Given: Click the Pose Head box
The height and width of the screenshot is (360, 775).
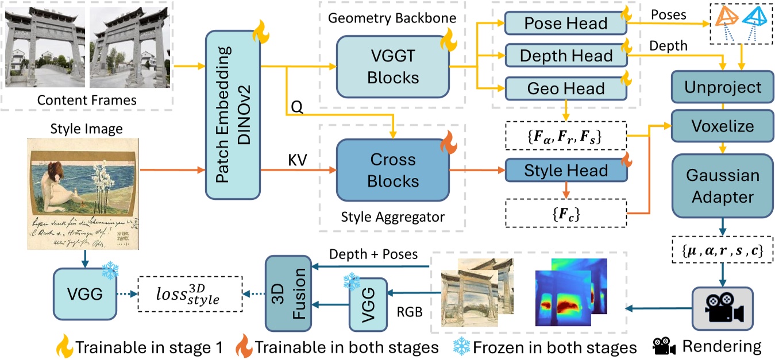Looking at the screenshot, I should click(565, 24).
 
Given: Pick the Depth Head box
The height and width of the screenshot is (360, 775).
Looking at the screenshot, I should click(565, 56).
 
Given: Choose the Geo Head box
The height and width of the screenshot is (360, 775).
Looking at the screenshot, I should click(565, 88).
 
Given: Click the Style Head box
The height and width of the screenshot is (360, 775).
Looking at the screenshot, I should click(565, 170).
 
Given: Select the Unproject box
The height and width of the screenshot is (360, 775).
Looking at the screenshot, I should click(723, 88).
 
